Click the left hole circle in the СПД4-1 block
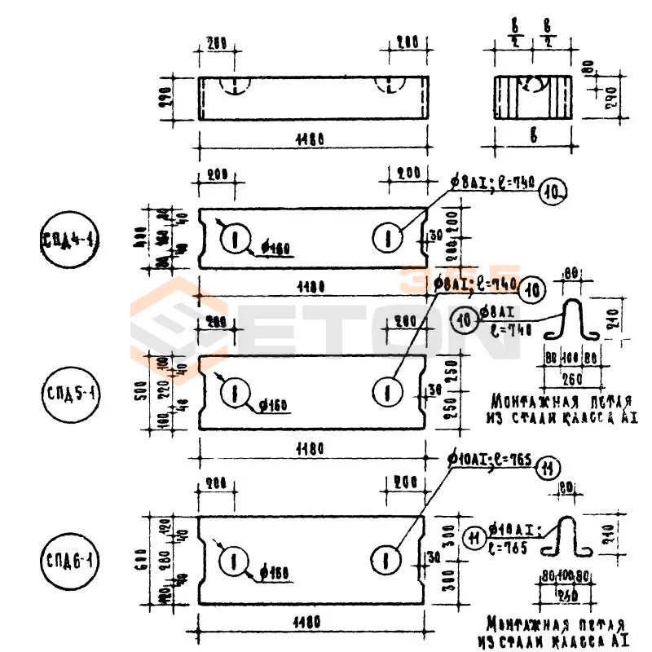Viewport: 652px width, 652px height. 234,238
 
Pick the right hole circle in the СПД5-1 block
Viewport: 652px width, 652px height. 387,392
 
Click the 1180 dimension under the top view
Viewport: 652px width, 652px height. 311,139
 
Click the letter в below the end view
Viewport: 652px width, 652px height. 534,137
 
